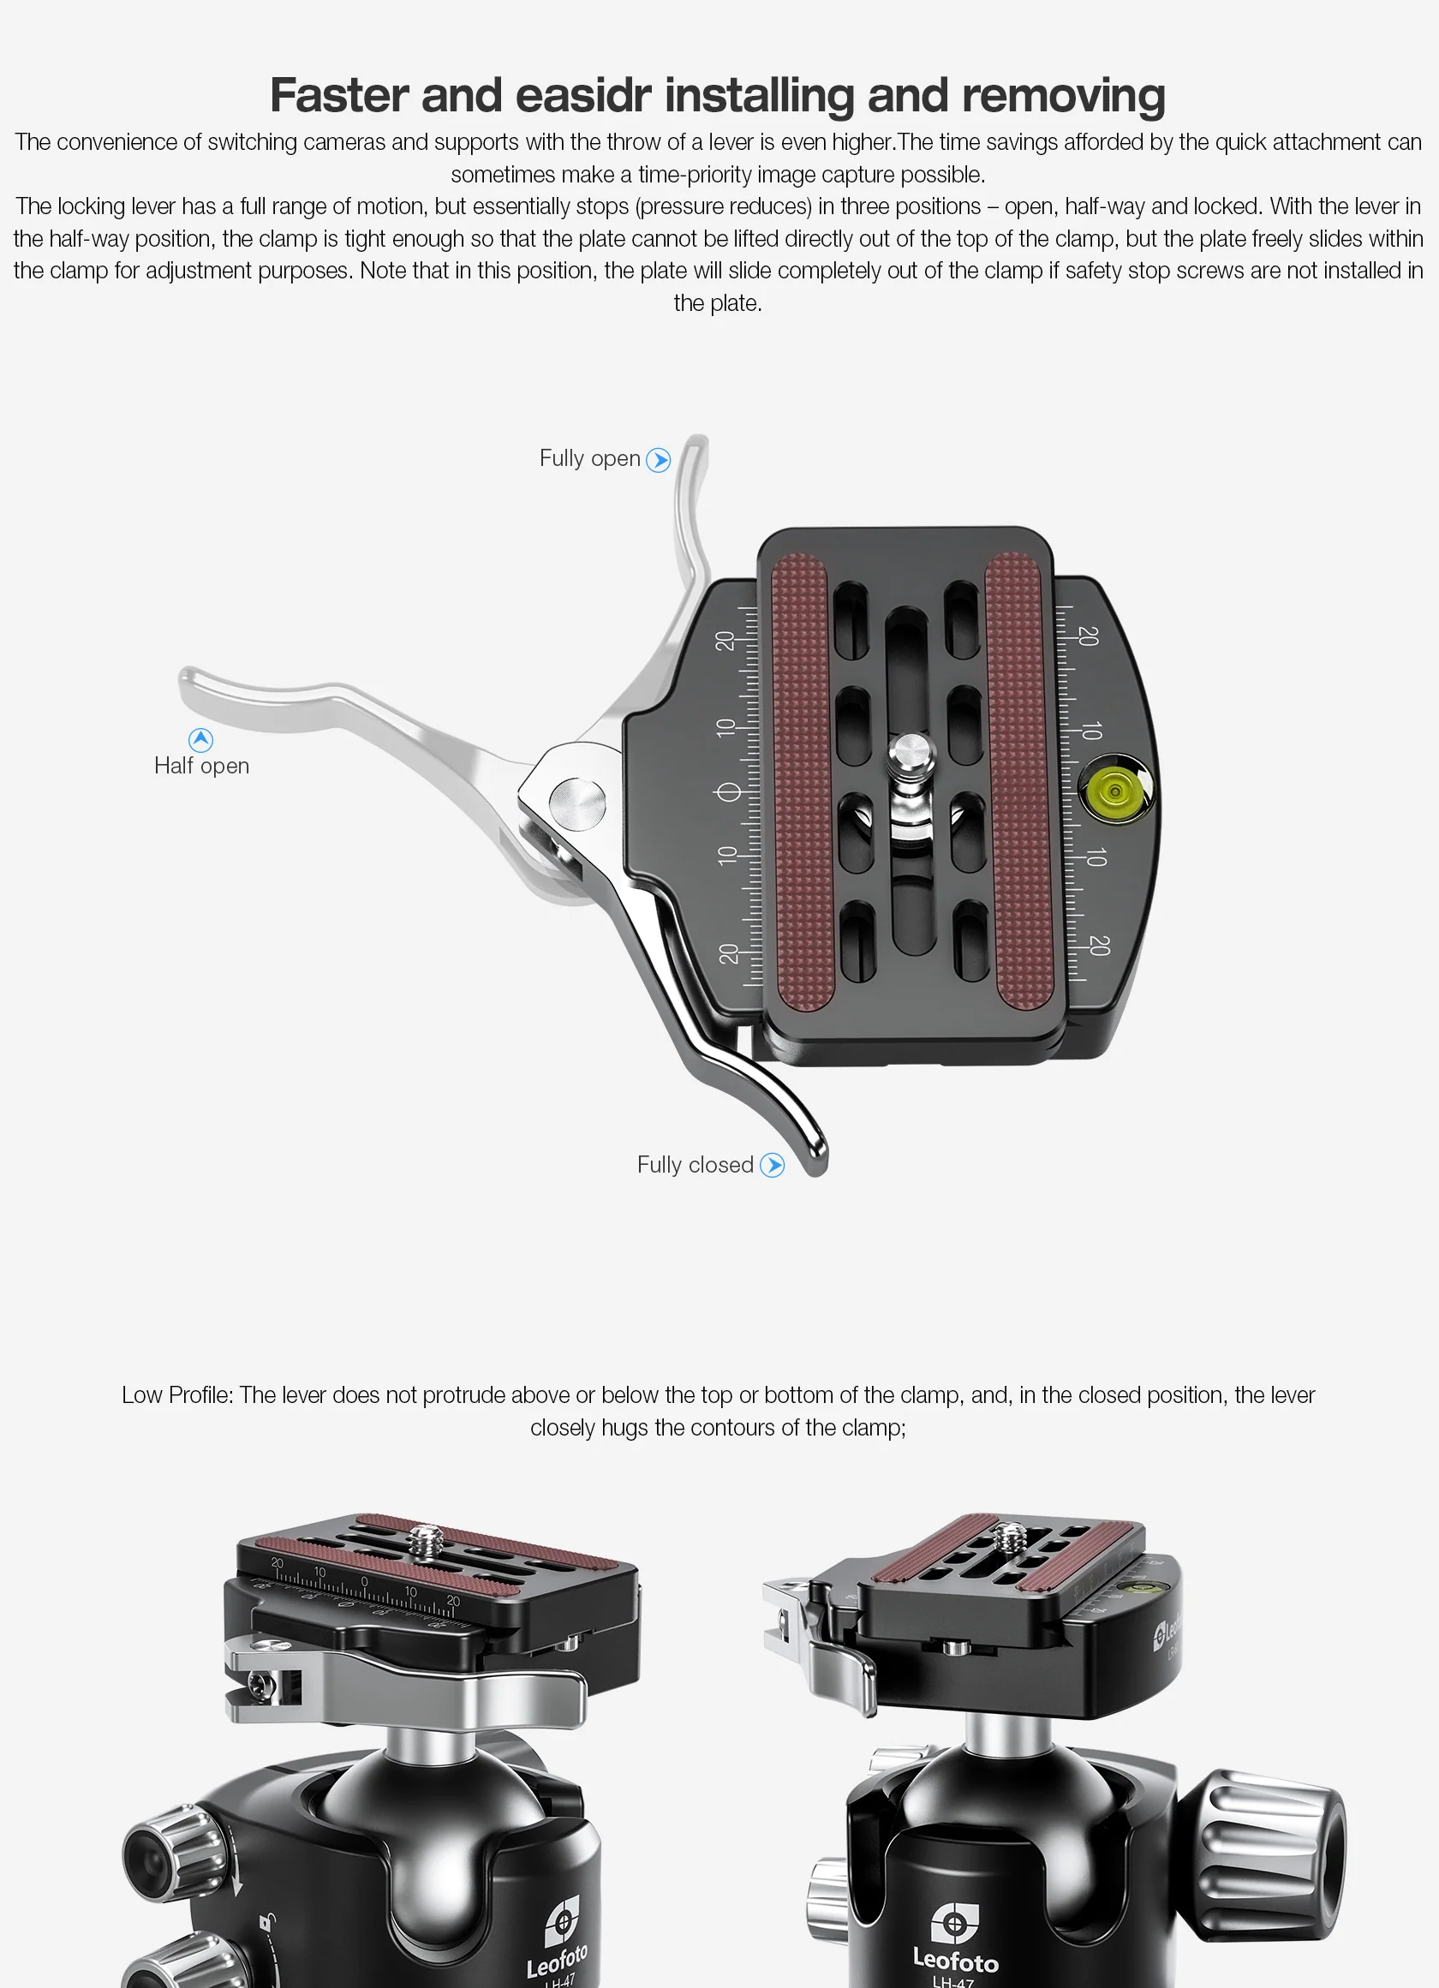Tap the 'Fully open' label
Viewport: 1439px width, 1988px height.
[x=590, y=458]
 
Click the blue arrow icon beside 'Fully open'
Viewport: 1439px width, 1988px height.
[x=658, y=460]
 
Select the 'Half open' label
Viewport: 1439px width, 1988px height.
[x=201, y=766]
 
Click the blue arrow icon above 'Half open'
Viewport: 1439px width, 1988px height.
[x=200, y=740]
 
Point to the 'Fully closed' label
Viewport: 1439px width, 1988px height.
[x=695, y=1165]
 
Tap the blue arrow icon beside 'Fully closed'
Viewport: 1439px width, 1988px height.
[x=772, y=1165]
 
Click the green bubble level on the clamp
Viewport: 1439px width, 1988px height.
[x=1114, y=792]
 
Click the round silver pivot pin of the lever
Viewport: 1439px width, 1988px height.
[x=576, y=803]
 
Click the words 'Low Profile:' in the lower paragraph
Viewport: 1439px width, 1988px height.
[x=178, y=1395]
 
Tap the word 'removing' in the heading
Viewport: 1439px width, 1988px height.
[x=1063, y=96]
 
